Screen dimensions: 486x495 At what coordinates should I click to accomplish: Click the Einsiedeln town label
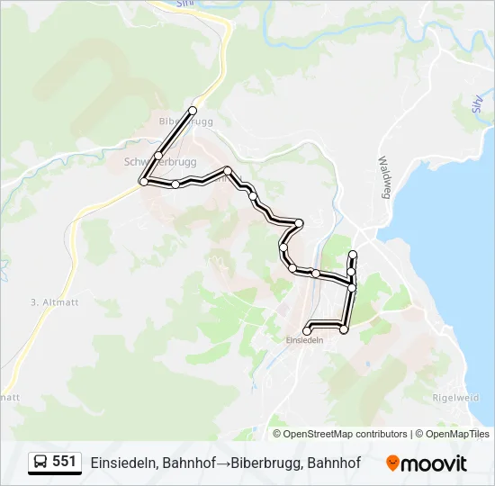pyautogui.click(x=303, y=340)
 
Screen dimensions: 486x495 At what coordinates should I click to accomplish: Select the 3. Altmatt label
pyautogui.click(x=56, y=301)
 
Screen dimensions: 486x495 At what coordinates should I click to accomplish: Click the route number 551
pyautogui.click(x=64, y=462)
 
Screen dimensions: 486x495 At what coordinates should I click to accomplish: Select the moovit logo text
pyautogui.click(x=435, y=463)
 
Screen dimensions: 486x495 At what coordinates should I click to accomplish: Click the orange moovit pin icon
pyautogui.click(x=393, y=463)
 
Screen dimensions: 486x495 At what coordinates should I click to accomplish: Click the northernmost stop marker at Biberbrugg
pyautogui.click(x=192, y=111)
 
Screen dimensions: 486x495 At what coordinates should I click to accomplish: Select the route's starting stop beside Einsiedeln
pyautogui.click(x=307, y=331)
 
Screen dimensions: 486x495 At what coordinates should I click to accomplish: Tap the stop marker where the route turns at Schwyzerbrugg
pyautogui.click(x=143, y=182)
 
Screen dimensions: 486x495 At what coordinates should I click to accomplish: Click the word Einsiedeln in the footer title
pyautogui.click(x=125, y=463)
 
